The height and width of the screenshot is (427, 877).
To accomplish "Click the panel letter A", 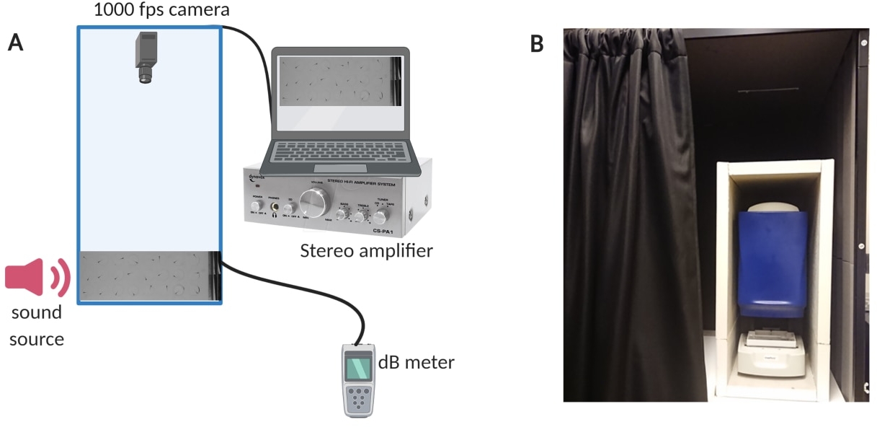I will click(x=15, y=43).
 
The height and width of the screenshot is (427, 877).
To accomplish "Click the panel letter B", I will click(x=537, y=44).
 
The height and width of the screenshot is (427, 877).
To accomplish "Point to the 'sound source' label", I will click(x=37, y=325).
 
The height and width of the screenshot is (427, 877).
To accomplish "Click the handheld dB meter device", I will click(x=359, y=379).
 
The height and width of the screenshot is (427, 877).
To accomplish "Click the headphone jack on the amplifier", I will click(x=275, y=208).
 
